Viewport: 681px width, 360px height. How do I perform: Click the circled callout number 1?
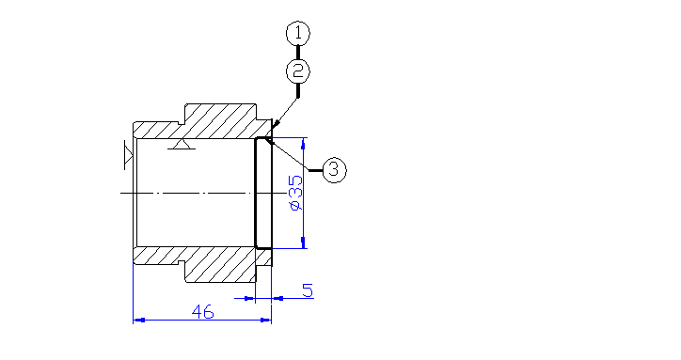point(298,33)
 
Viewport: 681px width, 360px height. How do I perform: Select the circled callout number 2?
point(298,71)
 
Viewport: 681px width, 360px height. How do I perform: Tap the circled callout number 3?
point(334,170)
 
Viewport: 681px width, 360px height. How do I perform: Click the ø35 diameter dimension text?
point(295,194)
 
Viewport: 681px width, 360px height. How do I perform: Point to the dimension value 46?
point(203,311)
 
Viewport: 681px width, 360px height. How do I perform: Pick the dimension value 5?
point(308,290)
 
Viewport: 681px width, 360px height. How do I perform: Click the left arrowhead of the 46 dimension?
point(138,320)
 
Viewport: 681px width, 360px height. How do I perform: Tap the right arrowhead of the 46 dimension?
point(265,320)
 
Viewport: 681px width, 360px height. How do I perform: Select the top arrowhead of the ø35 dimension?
point(303,143)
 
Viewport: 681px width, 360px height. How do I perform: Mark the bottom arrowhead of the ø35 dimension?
point(303,243)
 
